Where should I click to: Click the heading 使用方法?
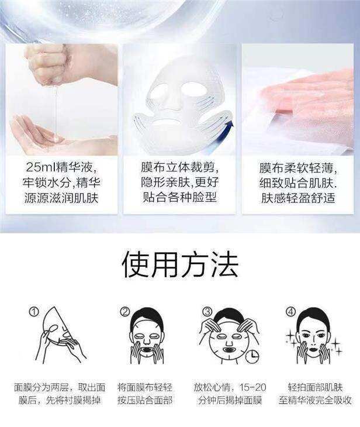180,264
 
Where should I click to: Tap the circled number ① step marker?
34,312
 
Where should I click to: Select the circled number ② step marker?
124,312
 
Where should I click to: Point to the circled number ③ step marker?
207,312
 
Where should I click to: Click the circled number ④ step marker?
290,312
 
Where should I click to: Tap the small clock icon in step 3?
252,356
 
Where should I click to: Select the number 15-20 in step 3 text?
252,387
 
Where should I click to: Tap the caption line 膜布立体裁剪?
179,167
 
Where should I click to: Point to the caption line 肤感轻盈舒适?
298,198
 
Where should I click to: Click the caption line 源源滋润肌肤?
61,198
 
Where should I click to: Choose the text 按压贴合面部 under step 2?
145,400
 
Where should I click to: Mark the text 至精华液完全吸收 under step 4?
315,400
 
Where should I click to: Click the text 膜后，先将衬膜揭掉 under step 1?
60,400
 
